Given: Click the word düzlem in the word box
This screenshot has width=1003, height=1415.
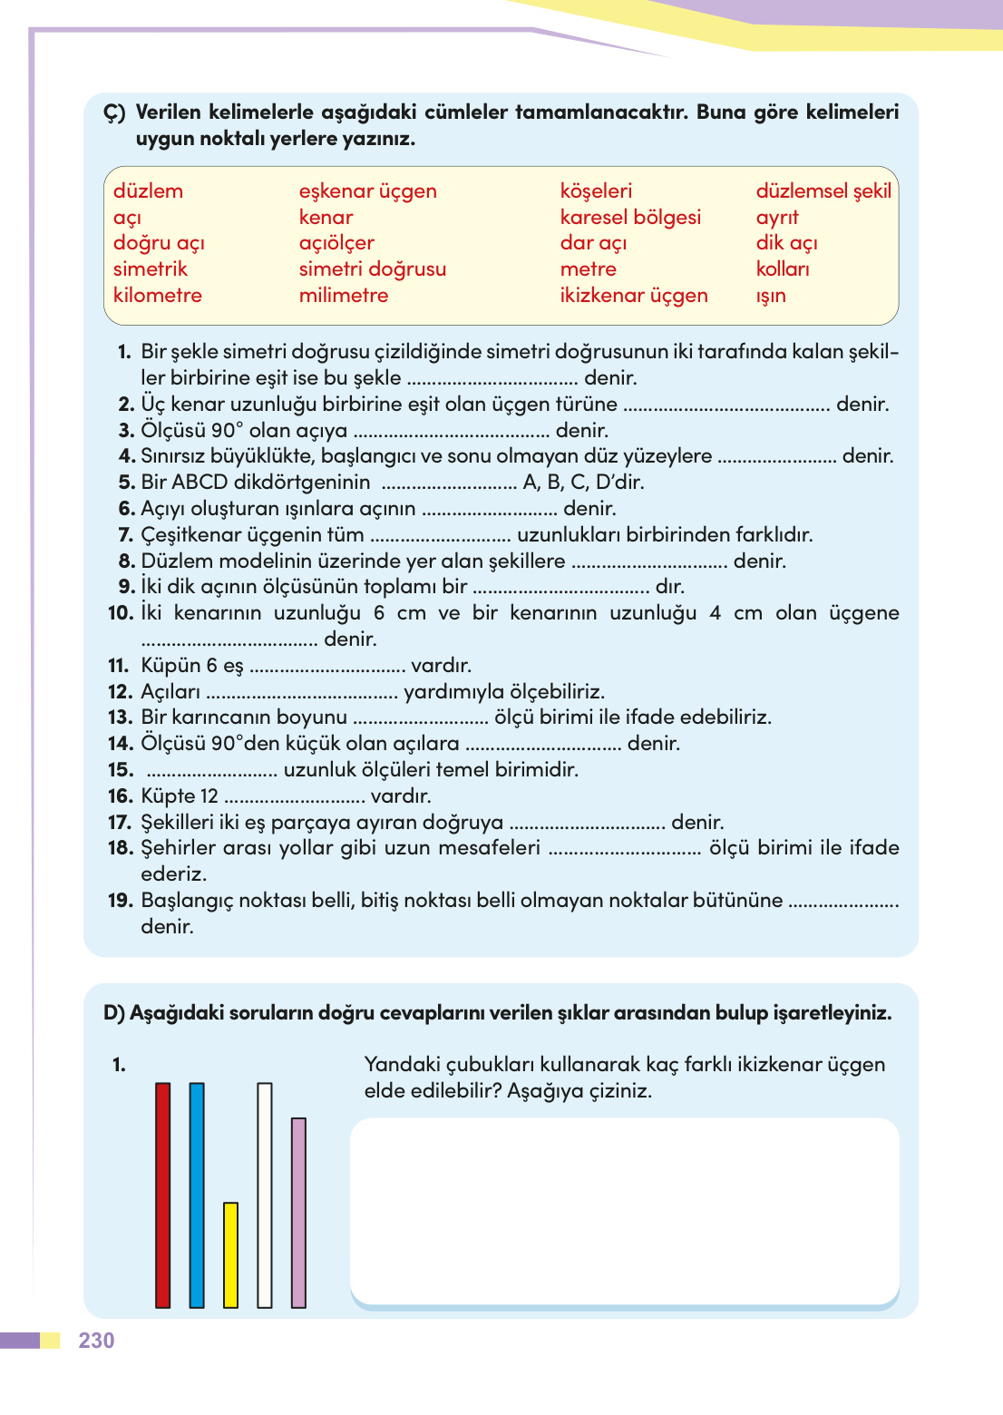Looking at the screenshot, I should tap(148, 191).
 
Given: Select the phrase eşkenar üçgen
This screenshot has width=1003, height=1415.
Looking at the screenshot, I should tap(367, 191).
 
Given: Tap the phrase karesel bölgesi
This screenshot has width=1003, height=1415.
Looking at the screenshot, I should tap(630, 218).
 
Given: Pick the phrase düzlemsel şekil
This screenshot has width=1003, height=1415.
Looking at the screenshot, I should tap(823, 191).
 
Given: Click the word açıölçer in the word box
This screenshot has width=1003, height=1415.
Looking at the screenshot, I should tap(336, 243).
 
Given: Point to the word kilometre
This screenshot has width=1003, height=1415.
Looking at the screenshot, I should tap(157, 296).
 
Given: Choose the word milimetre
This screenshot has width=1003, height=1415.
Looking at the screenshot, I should tap(343, 296).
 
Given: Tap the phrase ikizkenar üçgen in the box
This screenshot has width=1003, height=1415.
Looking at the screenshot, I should tap(633, 296).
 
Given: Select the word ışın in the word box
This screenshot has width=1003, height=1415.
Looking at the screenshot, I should tap(771, 296).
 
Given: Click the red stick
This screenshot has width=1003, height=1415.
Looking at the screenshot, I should tap(163, 1195).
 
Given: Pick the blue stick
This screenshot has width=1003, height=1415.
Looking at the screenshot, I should tap(197, 1195).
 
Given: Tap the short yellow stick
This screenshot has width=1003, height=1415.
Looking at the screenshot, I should tap(230, 1254).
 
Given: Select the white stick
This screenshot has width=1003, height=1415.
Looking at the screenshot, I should tap(265, 1195).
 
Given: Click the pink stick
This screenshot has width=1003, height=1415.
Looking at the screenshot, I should tap(298, 1212).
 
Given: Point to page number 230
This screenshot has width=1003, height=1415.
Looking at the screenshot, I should tap(96, 1341).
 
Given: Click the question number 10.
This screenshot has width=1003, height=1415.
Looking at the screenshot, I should tap(120, 613).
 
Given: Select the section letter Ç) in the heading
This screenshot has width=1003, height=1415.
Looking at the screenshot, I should tap(114, 112).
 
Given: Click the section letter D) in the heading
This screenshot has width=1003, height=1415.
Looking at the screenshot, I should tap(113, 1013).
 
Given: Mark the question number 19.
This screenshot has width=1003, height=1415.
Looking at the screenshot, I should tap(120, 901).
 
